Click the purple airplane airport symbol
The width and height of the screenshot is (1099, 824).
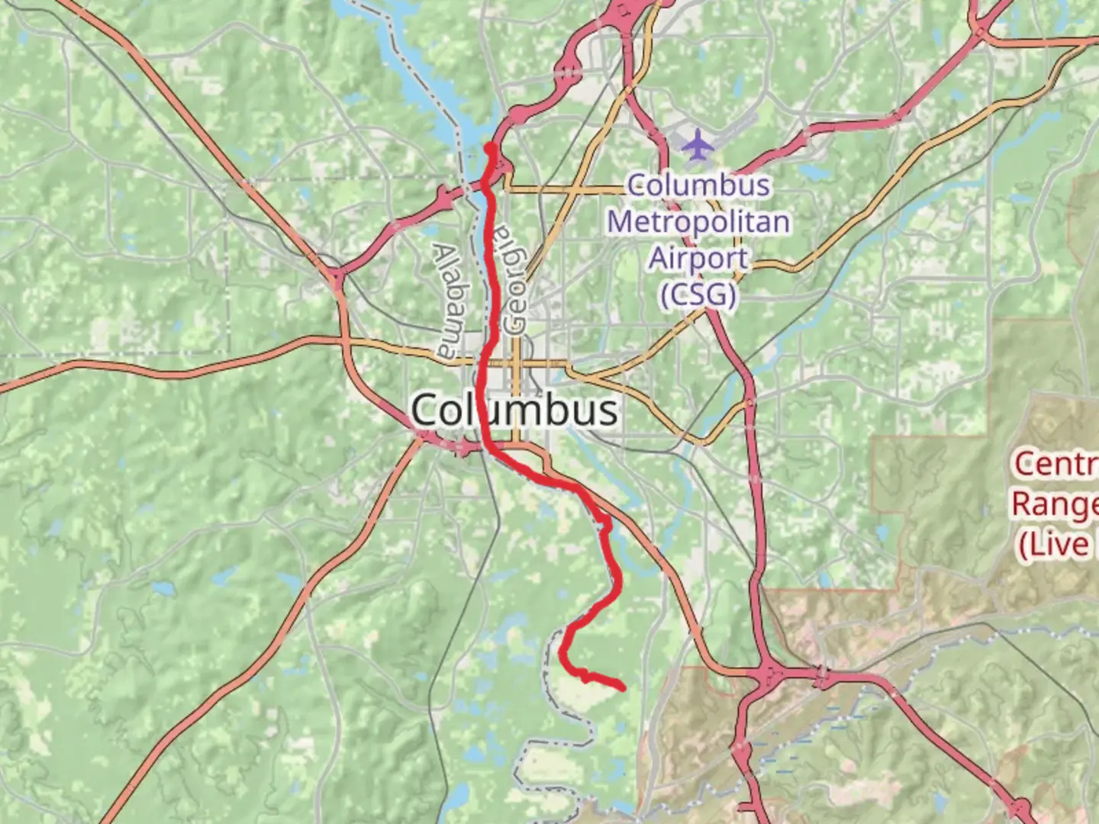click(x=696, y=145)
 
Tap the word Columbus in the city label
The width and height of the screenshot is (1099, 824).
click(x=514, y=410)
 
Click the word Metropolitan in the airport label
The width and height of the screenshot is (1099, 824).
click(x=698, y=222)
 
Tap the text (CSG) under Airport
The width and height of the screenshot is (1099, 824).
click(x=698, y=295)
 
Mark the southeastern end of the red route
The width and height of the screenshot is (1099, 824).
click(x=623, y=688)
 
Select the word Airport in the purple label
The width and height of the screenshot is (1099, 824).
click(x=698, y=258)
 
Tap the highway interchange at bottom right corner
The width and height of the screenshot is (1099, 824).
click(x=1019, y=809)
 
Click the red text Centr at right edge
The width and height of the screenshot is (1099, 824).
click(x=1055, y=464)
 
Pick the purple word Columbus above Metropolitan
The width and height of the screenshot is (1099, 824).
click(x=698, y=185)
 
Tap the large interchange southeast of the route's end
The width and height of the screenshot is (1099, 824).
click(x=771, y=674)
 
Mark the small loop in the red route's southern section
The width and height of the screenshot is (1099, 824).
click(x=605, y=523)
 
